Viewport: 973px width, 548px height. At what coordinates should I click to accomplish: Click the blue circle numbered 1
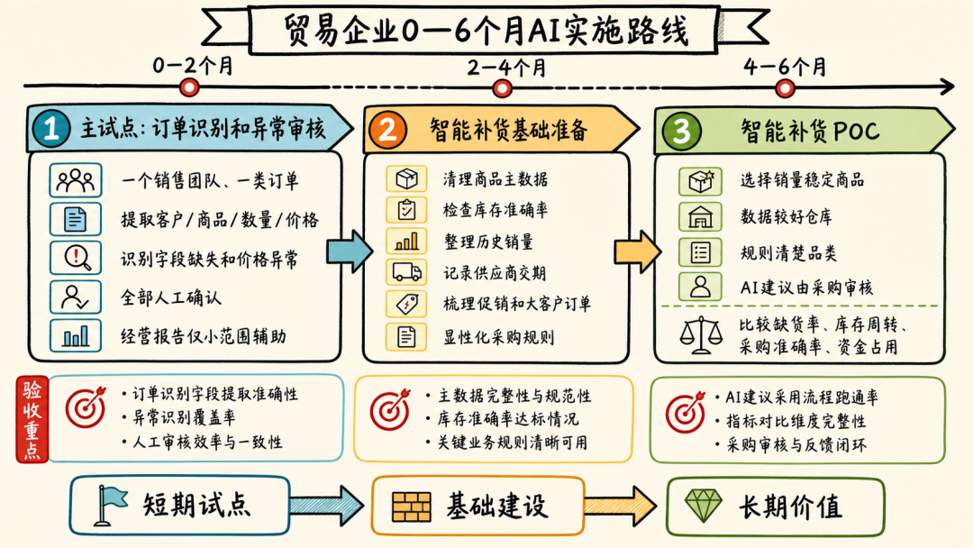[x=50, y=129]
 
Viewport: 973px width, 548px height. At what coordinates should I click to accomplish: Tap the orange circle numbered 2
[x=387, y=130]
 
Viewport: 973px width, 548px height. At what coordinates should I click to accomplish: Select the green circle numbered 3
[x=681, y=131]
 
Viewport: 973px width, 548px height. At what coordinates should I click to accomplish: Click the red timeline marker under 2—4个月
[x=502, y=88]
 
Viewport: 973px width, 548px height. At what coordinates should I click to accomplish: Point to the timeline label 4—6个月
[x=785, y=67]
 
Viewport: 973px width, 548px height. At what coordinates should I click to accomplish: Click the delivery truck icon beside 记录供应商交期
[x=406, y=272]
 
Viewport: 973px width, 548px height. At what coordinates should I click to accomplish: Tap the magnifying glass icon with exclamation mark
[x=75, y=258]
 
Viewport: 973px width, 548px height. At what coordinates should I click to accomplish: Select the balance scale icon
[x=701, y=335]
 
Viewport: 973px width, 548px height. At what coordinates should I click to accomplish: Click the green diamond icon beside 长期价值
[x=703, y=506]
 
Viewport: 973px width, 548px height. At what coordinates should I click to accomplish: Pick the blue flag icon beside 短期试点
[x=110, y=505]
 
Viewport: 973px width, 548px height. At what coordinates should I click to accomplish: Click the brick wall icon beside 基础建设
[x=412, y=507]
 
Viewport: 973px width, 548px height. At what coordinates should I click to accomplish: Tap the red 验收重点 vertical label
[x=32, y=419]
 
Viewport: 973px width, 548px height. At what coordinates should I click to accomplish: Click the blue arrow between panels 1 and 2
[x=350, y=251]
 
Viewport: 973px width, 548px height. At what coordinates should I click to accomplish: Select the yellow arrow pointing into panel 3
[x=637, y=251]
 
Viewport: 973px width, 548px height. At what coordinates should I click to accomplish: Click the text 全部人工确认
[x=170, y=297]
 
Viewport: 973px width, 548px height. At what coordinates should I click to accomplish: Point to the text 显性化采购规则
[x=498, y=337]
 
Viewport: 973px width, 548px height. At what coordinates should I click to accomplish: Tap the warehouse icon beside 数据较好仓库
[x=700, y=216]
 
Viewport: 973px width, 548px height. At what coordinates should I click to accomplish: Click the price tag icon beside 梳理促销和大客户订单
[x=406, y=304]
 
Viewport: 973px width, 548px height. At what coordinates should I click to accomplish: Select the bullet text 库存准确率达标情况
[x=507, y=419]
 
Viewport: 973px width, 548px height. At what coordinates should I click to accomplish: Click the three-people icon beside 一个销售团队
[x=75, y=180]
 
